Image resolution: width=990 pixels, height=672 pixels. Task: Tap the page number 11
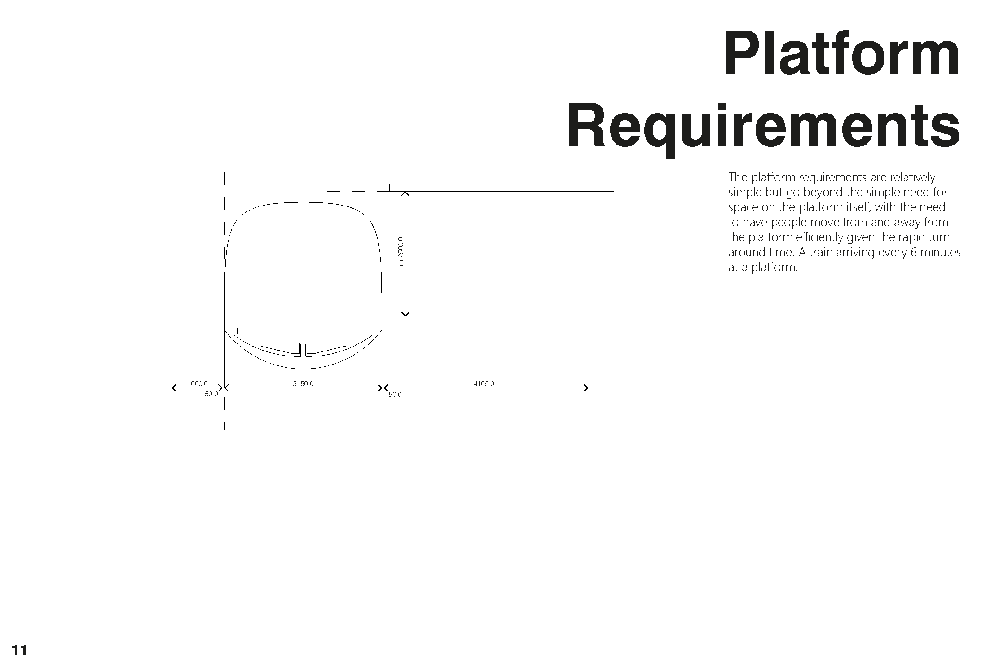19,650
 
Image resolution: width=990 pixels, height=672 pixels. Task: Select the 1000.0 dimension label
197,383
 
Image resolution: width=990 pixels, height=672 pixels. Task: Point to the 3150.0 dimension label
303,383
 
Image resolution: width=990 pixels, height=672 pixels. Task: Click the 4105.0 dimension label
484,383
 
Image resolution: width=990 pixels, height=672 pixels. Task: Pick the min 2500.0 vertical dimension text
401,254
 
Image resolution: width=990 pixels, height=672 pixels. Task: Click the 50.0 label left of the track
211,394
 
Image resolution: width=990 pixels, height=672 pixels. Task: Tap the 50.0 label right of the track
395,395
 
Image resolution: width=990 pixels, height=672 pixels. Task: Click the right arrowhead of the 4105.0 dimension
586,388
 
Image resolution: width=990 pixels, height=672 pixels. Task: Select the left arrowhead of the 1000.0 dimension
174,388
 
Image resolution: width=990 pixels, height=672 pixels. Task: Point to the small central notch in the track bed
303,349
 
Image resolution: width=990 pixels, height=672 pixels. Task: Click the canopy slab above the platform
491,188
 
